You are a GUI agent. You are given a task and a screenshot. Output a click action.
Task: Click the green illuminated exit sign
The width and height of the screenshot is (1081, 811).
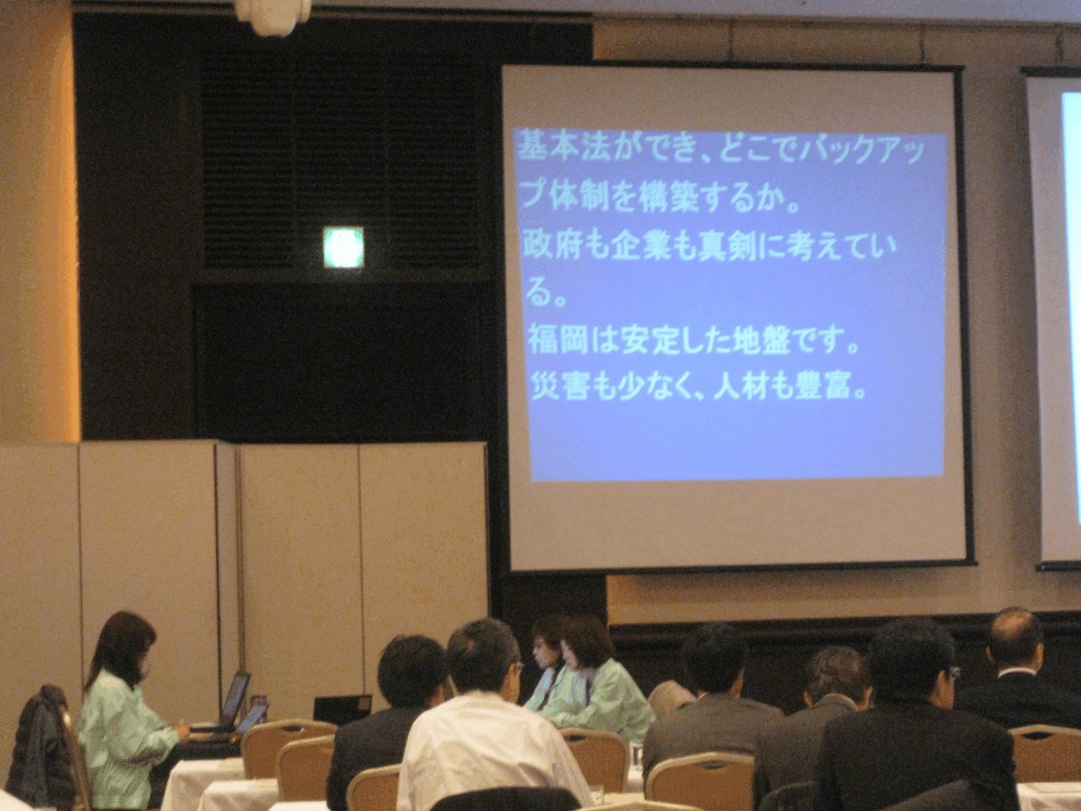pos(343,247)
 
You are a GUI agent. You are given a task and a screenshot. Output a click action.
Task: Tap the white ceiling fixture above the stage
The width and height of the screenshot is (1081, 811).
pos(273,14)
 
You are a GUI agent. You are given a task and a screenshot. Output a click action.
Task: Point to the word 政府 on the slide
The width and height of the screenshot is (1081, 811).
pos(545,245)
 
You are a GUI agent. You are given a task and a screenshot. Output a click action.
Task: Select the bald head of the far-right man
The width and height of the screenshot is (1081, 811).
pos(1014,635)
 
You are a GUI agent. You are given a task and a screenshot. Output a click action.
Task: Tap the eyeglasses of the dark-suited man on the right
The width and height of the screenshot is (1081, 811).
pos(952,673)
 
